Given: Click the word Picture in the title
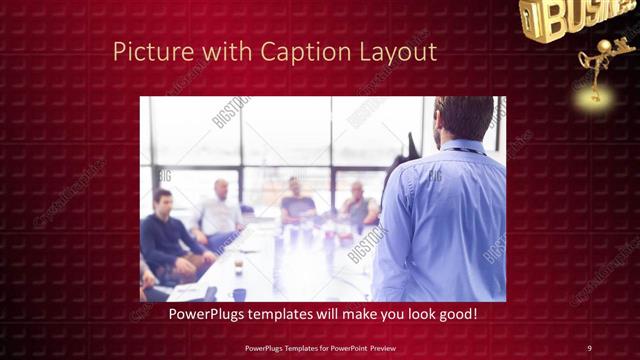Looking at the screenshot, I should pyautogui.click(x=146, y=50).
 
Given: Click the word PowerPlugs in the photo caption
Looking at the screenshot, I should pyautogui.click(x=207, y=315).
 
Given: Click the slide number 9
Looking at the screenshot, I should pyautogui.click(x=589, y=347).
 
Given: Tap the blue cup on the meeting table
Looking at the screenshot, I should pyautogui.click(x=240, y=293).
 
